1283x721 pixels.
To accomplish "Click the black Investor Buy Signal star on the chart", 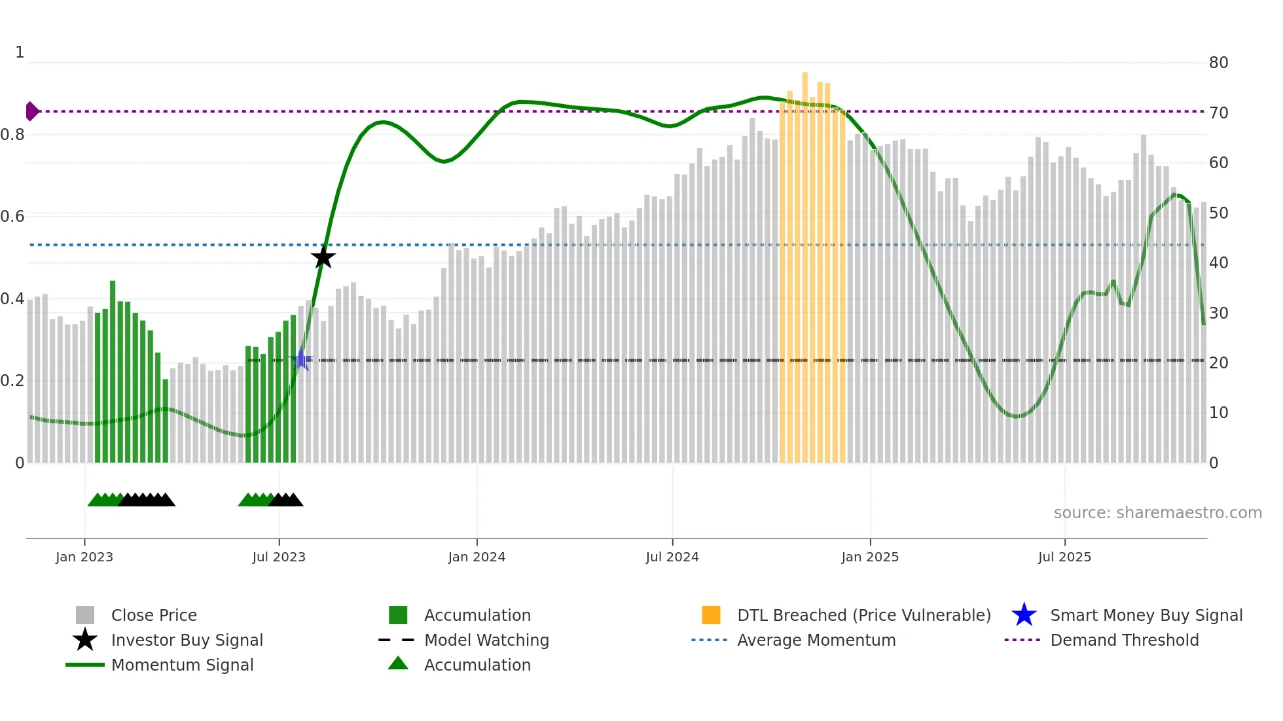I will point(323,257).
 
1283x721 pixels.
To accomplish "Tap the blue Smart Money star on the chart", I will point(302,359).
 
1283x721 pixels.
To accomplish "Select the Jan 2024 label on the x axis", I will point(477,557).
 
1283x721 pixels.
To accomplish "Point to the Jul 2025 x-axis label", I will point(1064,557).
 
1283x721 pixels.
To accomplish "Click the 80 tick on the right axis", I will point(1218,63).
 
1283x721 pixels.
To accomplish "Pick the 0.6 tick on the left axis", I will point(12,217).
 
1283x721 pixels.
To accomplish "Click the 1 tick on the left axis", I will point(20,52).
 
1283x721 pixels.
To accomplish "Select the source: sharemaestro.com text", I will point(1157,513).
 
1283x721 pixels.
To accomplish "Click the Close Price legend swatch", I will point(85,615).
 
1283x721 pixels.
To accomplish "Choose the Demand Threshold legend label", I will point(1124,640).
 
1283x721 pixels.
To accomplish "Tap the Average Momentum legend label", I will point(816,640).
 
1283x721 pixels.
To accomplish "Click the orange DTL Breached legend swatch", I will point(711,615).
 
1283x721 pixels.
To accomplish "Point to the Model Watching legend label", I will point(486,640).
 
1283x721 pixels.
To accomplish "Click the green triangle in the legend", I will point(398,663).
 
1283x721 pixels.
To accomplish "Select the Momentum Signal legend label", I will point(182,665).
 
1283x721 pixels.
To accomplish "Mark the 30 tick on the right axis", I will point(1218,313).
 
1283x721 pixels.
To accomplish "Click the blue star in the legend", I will point(1024,615).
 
